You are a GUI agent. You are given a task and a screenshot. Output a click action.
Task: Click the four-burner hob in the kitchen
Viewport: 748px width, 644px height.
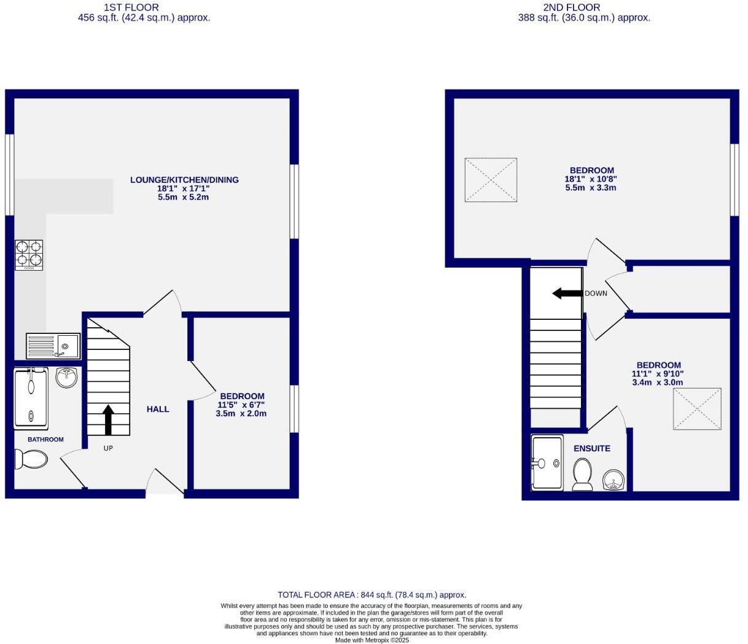[x=29, y=255]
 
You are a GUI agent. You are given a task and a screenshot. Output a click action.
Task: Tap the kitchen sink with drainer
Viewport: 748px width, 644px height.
[x=53, y=346]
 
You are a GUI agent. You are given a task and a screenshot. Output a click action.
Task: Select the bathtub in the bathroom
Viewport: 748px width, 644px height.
[x=30, y=398]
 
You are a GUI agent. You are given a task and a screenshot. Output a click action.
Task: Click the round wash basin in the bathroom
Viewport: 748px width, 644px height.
[x=66, y=378]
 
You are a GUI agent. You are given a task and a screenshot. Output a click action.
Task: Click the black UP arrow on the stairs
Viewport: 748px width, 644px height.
[x=108, y=419]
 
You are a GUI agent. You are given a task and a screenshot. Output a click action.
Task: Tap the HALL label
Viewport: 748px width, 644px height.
[x=158, y=409]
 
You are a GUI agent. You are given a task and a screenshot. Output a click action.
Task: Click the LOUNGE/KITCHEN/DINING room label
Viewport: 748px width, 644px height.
[x=184, y=180]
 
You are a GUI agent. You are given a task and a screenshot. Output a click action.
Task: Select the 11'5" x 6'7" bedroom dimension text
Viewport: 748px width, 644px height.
[x=241, y=405]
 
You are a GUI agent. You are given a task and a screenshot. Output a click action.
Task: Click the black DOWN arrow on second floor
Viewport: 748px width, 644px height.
[x=567, y=293]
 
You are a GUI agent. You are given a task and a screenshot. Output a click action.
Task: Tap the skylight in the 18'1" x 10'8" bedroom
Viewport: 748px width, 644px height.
[x=491, y=179]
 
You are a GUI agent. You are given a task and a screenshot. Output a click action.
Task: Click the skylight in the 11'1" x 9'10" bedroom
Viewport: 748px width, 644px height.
[x=697, y=409]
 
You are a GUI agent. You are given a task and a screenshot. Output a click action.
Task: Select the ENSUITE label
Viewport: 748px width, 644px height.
[x=591, y=449]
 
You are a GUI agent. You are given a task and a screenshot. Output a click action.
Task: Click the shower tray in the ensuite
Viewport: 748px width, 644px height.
[x=547, y=463]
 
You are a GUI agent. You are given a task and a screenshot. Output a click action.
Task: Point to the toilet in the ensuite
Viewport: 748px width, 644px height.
[x=582, y=475]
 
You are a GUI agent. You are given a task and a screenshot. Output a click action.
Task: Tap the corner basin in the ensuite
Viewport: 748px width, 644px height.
[x=613, y=480]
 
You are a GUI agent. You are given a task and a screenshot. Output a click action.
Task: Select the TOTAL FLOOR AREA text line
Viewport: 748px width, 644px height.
[x=372, y=595]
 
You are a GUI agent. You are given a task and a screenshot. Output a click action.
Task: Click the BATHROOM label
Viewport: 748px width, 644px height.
[x=45, y=440]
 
